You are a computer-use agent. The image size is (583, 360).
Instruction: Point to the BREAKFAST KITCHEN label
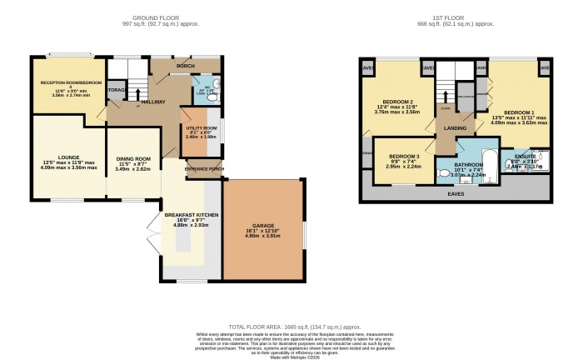[x=193, y=214]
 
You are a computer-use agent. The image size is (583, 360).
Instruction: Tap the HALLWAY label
[x=152, y=102]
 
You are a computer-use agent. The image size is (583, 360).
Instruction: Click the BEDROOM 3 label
[x=405, y=156]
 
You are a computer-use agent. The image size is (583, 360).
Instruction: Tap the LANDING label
[x=454, y=127]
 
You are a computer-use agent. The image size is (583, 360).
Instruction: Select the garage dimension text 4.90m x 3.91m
[x=262, y=237]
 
